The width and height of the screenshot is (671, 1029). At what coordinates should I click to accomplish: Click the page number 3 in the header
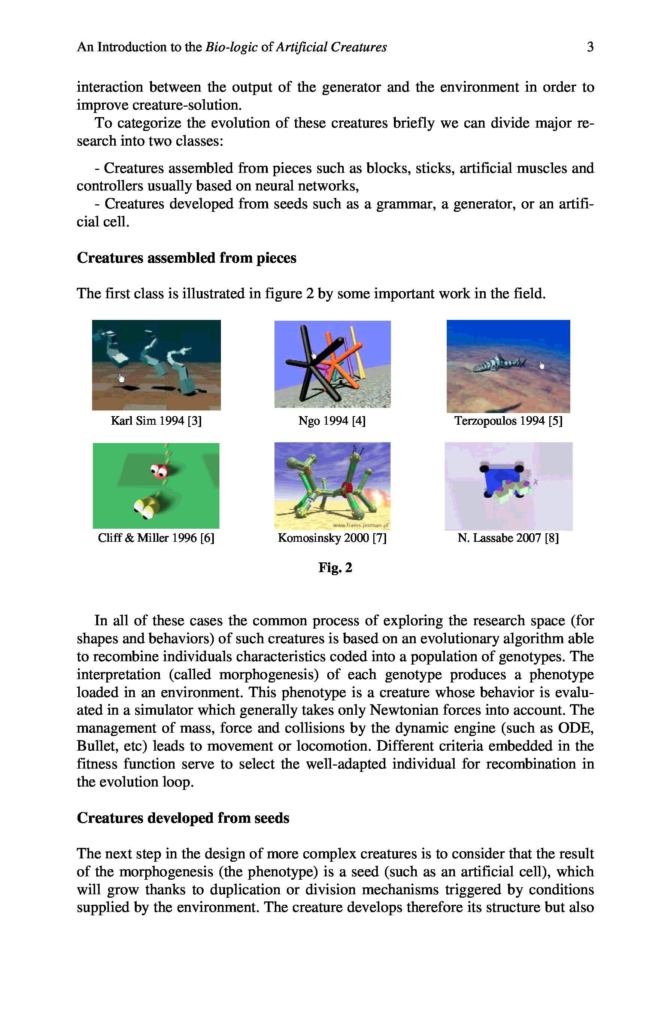click(590, 47)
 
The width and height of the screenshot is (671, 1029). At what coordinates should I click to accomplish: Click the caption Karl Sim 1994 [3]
click(156, 421)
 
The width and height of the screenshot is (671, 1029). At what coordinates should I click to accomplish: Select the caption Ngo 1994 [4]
click(332, 421)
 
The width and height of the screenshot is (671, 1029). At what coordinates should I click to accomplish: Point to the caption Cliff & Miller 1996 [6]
click(156, 538)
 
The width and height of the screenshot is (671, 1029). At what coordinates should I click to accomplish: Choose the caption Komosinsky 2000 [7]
click(332, 538)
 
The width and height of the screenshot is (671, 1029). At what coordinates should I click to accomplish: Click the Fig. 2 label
click(335, 567)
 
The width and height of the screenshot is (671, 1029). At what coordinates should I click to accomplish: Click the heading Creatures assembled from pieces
click(186, 258)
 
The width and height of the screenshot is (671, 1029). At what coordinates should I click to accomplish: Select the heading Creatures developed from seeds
click(183, 818)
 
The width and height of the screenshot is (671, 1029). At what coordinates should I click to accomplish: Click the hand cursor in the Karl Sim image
click(122, 378)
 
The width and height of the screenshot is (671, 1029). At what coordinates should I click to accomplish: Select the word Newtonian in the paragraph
click(403, 710)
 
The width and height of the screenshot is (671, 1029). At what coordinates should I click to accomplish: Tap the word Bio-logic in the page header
click(231, 47)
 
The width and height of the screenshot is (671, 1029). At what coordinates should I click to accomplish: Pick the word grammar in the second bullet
click(406, 204)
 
